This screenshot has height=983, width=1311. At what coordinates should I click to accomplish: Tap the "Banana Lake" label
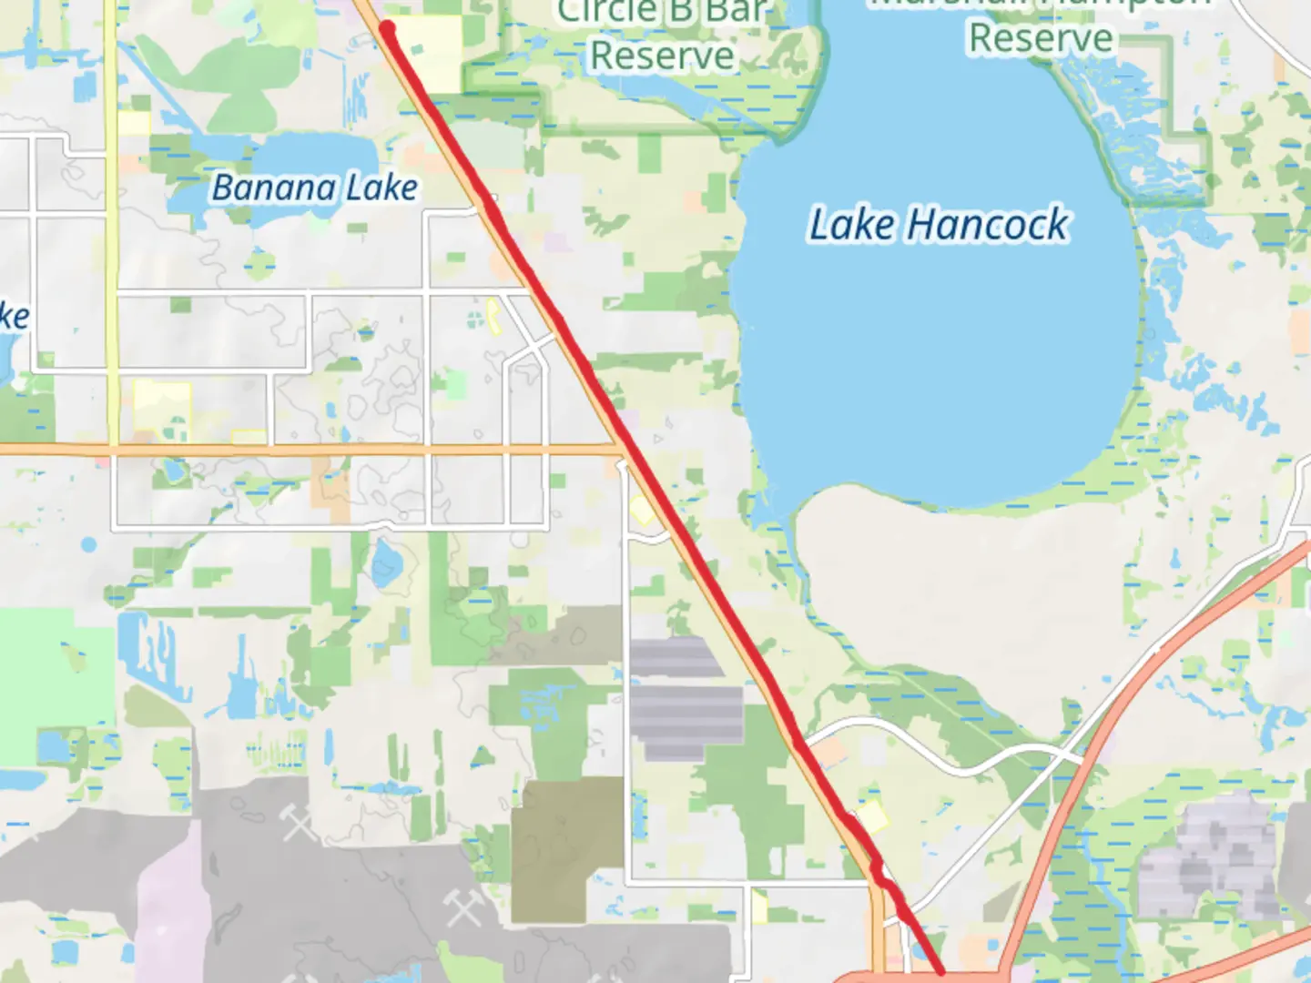(314, 188)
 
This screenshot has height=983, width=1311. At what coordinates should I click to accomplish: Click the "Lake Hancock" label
(939, 225)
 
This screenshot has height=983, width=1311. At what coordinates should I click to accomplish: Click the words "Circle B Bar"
(663, 12)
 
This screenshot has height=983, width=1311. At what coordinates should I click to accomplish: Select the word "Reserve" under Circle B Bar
(662, 56)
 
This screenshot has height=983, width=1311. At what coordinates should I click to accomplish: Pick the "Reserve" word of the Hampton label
(1041, 38)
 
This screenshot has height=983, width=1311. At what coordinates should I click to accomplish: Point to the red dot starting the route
(387, 27)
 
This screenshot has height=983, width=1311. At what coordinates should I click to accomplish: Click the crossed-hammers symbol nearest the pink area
(298, 822)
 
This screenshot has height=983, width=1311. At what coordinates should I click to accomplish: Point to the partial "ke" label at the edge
(13, 317)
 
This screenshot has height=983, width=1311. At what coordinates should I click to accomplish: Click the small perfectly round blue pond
(88, 544)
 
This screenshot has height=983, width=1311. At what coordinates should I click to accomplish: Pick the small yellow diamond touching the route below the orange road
(642, 512)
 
